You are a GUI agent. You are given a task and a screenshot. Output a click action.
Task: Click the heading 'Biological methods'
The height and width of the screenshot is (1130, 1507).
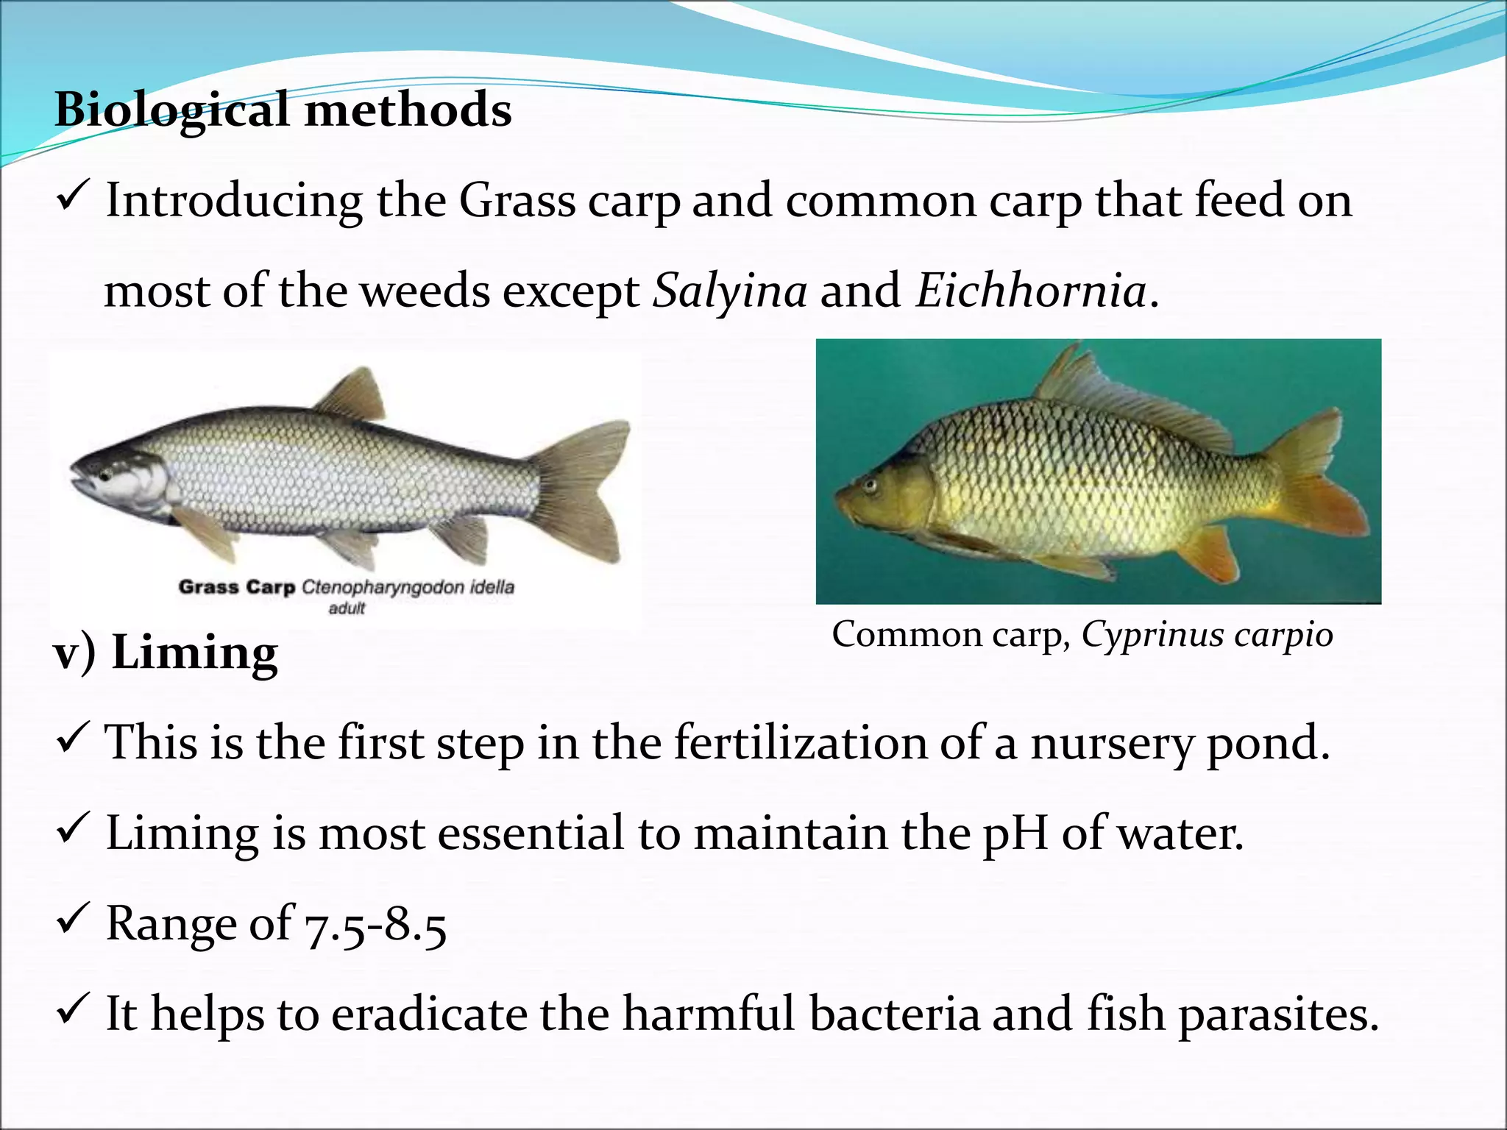coord(283,110)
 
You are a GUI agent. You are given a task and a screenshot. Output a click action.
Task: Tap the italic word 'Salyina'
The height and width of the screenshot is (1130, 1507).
coord(730,291)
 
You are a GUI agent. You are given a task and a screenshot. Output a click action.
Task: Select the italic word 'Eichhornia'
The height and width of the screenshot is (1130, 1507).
coord(1030,291)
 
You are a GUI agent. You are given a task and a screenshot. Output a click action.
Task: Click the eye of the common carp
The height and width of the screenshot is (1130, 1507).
coord(871,485)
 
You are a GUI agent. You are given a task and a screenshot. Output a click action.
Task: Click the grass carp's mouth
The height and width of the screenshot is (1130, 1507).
coord(79,482)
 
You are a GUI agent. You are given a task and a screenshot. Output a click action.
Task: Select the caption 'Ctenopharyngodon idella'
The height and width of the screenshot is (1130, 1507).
coord(408,587)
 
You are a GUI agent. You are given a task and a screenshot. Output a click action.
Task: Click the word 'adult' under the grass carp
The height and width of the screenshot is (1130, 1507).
coord(347,608)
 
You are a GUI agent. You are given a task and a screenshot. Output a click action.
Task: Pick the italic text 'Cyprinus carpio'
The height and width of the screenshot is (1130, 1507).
coord(1207,634)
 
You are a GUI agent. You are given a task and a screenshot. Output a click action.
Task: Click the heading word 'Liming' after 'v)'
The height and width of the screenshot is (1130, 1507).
coord(194,653)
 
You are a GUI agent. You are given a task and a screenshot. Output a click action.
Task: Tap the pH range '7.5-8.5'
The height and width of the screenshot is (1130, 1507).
coord(375,925)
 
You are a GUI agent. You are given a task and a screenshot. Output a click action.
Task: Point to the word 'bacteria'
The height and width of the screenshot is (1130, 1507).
coord(894,1014)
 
